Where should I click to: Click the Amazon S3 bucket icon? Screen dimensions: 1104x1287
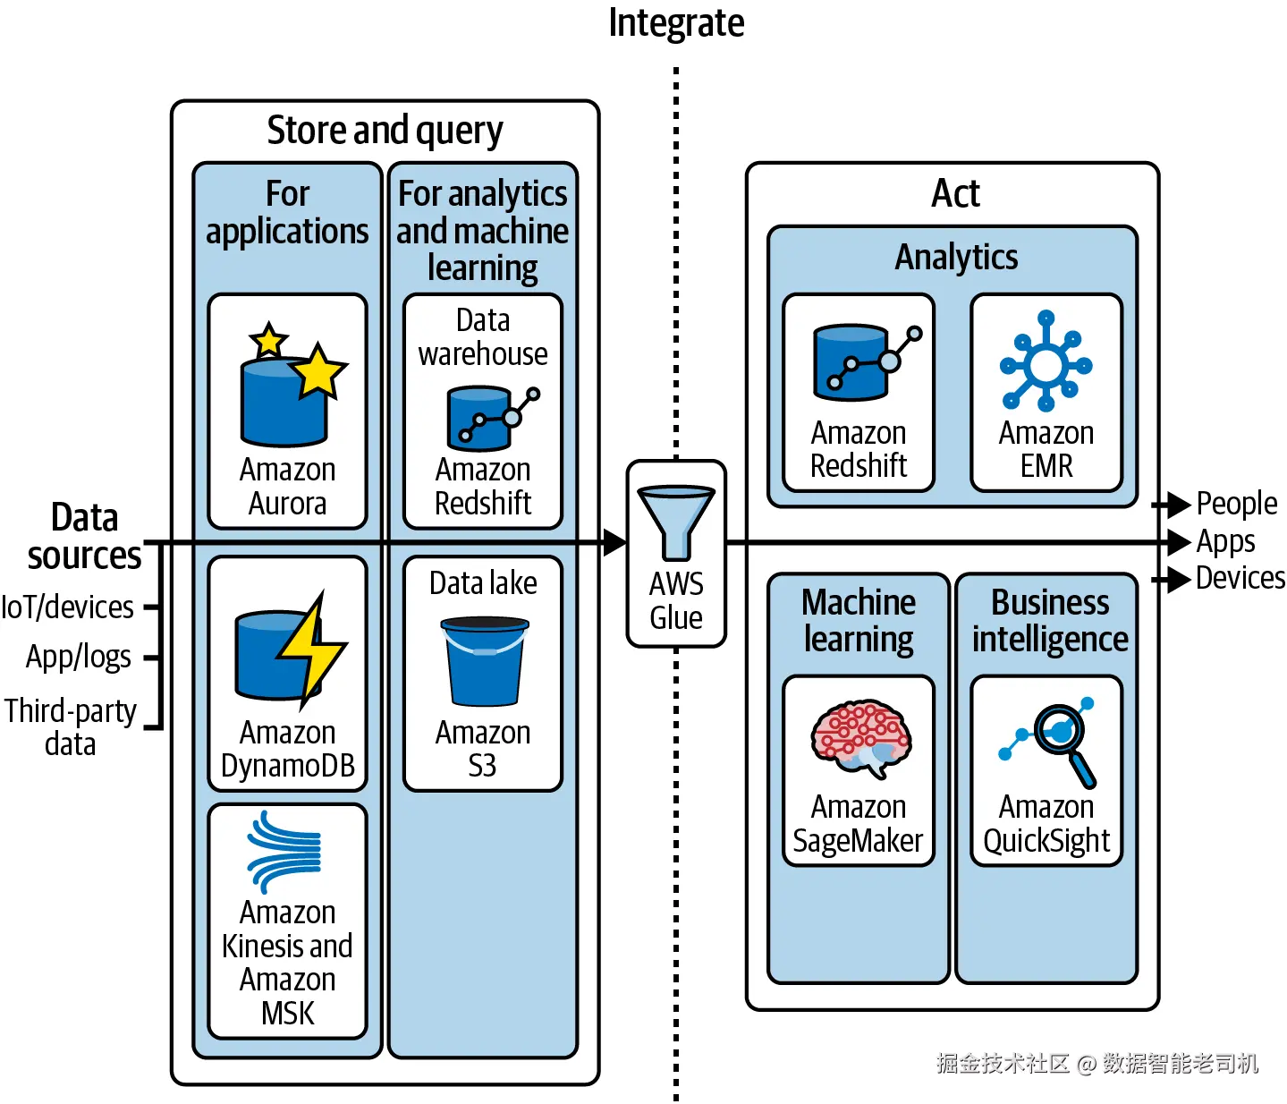(x=484, y=662)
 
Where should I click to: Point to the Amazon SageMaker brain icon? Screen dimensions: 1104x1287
(x=859, y=736)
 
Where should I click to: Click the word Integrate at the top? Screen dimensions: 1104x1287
(x=676, y=23)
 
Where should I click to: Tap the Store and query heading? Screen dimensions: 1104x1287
(x=385, y=131)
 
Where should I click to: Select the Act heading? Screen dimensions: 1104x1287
(x=955, y=193)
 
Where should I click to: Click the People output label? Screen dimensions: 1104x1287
(x=1236, y=504)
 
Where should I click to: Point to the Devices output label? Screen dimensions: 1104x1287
(x=1240, y=578)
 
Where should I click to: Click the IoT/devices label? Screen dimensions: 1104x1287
(x=68, y=607)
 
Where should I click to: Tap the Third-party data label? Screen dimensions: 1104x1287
(x=71, y=726)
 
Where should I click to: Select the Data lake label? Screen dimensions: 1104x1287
(x=483, y=583)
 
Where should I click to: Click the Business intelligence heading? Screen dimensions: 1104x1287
(x=1050, y=621)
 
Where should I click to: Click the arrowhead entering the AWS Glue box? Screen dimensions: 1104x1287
(x=614, y=542)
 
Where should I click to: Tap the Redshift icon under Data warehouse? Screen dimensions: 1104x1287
(x=488, y=417)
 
